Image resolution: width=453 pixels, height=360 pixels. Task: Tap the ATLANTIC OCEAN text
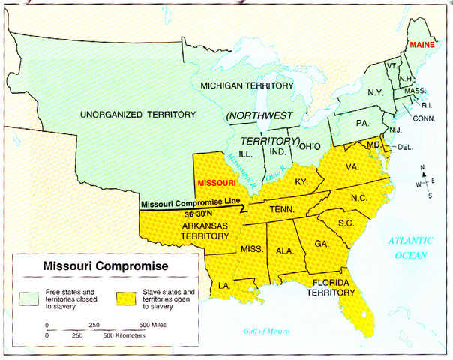pos(412,247)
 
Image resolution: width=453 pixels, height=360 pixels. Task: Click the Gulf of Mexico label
pos(268,331)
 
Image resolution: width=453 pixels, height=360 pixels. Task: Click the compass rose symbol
pos(427,182)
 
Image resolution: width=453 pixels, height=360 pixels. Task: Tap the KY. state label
pos(301,181)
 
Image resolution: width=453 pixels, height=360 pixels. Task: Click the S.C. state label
pos(346,224)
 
